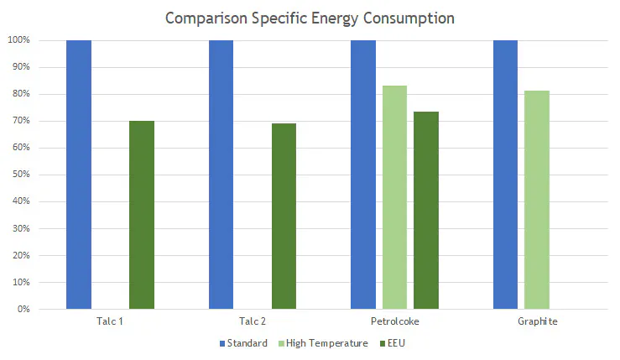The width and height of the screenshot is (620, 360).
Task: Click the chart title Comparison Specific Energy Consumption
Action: tap(310, 17)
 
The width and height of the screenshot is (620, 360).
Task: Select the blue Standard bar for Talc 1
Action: tap(79, 175)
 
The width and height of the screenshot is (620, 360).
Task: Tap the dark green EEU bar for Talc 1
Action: tap(142, 215)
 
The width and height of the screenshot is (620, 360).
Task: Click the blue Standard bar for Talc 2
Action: tap(221, 175)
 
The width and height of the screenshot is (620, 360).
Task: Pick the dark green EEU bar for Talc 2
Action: tap(284, 217)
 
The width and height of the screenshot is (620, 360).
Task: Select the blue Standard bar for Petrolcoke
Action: tap(363, 175)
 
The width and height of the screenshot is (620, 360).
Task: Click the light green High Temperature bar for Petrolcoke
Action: tap(394, 197)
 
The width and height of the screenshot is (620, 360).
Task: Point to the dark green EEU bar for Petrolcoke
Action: tap(426, 210)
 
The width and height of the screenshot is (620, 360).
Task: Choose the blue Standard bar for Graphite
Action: tap(505, 175)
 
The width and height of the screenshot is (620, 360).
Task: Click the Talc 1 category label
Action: tap(110, 321)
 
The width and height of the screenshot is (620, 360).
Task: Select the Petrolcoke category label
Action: tap(394, 321)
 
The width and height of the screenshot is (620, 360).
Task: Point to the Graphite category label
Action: tap(537, 321)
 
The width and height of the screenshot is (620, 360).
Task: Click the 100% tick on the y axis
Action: tap(19, 40)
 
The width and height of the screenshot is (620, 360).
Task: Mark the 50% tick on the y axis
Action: tap(22, 175)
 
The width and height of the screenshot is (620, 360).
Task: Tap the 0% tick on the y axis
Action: tap(24, 309)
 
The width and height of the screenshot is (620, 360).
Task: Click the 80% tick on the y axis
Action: tap(22, 94)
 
